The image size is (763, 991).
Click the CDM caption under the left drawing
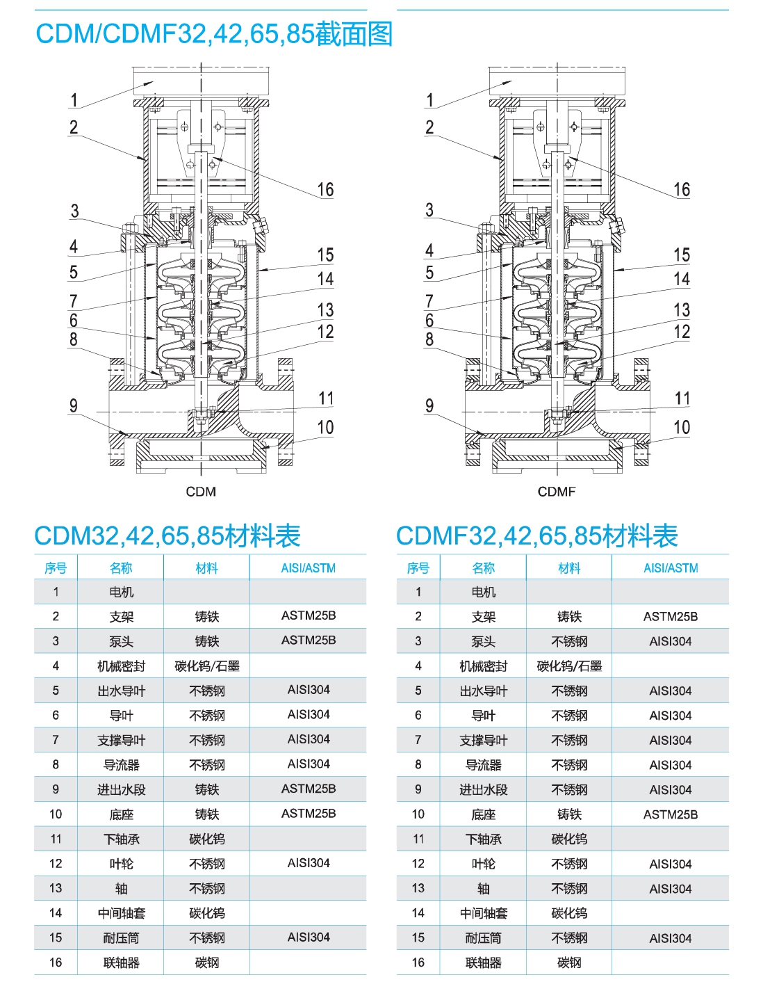point(201,492)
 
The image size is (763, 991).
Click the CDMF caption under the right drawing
point(556,492)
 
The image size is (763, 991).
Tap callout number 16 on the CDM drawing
point(325,189)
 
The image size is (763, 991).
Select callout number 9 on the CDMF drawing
point(429,405)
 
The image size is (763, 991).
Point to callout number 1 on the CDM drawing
point(74,100)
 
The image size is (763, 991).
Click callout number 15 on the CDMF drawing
point(682,255)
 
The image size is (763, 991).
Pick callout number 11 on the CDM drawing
point(326,398)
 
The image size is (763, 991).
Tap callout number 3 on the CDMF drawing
point(429,210)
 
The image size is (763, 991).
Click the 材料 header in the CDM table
point(207,568)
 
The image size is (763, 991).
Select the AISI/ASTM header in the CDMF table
point(671,568)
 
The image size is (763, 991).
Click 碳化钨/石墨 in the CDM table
point(207,666)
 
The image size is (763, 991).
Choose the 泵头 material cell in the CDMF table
point(569,642)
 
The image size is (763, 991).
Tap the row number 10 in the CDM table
point(56,814)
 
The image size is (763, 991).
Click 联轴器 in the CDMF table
point(484,962)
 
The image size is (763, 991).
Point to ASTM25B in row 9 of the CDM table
point(309,789)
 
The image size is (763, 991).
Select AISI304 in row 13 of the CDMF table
point(671,888)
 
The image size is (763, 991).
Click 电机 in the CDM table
point(121,592)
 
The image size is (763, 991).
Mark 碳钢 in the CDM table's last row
point(207,962)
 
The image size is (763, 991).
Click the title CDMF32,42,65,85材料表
point(537,535)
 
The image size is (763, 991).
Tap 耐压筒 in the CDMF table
point(484,938)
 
